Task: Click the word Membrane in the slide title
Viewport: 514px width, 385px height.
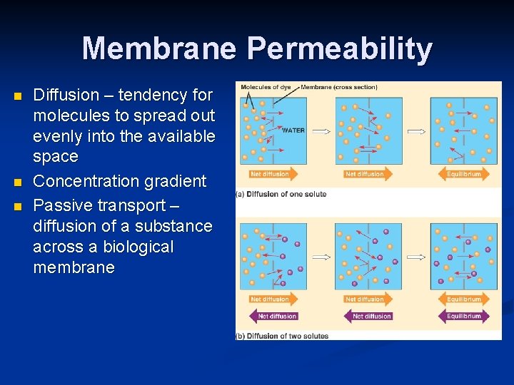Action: (x=159, y=48)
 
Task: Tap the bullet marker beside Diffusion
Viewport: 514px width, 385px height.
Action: (x=19, y=96)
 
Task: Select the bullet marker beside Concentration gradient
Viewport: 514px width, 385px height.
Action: (x=19, y=182)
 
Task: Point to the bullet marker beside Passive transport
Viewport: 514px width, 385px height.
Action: (x=19, y=206)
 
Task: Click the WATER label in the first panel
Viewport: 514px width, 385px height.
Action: (x=293, y=130)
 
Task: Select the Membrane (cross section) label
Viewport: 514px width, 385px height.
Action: (x=339, y=87)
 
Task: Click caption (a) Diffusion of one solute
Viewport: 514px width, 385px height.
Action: (x=282, y=194)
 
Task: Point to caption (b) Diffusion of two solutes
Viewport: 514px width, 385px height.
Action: (x=283, y=336)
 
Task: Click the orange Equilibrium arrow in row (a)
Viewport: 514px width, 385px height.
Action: (x=465, y=173)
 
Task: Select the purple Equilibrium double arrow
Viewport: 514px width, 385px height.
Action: (x=464, y=316)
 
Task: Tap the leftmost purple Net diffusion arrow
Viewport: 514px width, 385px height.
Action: (x=273, y=316)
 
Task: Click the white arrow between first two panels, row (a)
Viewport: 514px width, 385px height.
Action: (x=322, y=131)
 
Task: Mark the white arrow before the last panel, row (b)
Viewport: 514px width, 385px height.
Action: (x=416, y=257)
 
